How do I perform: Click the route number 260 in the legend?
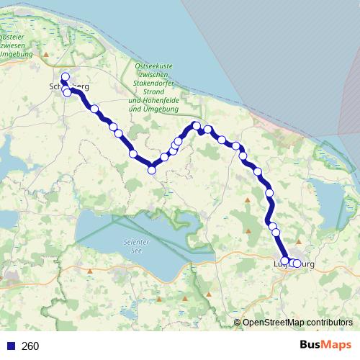30,346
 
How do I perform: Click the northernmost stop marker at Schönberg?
65,77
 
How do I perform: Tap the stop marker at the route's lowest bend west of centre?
152,170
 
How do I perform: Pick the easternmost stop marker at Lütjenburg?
297,263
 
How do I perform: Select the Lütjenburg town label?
295,265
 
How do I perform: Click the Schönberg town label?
69,86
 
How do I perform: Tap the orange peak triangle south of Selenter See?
186,297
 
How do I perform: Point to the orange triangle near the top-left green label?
46,54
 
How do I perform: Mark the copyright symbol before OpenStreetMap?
237,323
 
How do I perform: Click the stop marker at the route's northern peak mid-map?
197,126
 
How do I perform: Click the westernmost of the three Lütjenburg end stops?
284,261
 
